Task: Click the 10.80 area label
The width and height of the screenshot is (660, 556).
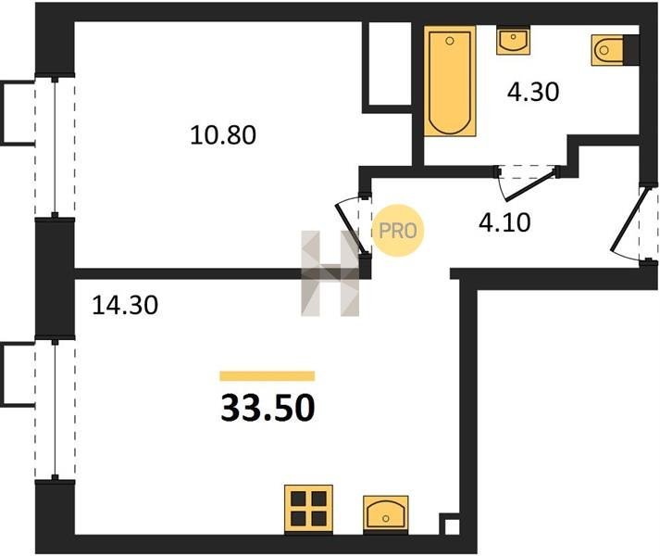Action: [x=223, y=135]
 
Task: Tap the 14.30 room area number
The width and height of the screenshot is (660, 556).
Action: [x=125, y=305]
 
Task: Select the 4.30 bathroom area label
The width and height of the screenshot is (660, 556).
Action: [x=533, y=92]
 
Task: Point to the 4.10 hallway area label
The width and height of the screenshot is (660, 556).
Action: [x=504, y=222]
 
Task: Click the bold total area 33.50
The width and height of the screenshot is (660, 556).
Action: [x=268, y=408]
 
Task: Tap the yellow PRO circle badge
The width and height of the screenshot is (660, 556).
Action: [x=398, y=230]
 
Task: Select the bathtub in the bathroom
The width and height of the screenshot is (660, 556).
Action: [x=450, y=81]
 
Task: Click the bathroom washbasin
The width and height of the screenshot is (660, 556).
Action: [x=513, y=40]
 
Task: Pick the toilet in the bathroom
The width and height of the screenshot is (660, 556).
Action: [x=610, y=50]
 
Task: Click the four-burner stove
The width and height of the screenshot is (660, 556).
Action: [x=308, y=509]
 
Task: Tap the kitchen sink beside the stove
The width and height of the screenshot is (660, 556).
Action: [x=386, y=513]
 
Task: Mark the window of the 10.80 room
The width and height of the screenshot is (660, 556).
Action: [x=55, y=147]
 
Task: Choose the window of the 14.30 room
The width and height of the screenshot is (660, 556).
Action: [x=55, y=409]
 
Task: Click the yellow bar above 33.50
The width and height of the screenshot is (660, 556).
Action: [x=268, y=375]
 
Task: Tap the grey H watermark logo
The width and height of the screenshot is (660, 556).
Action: [x=330, y=273]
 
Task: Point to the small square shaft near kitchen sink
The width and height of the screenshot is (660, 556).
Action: [x=450, y=524]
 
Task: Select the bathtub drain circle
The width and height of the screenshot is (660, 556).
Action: [x=450, y=41]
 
